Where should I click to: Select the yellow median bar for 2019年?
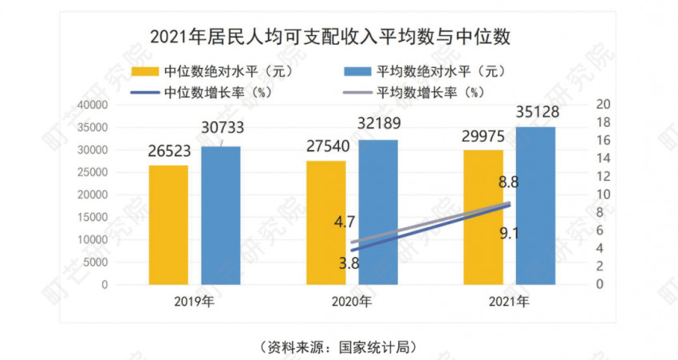coord(168,224)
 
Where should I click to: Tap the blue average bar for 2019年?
coord(221,215)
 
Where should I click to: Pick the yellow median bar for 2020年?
coord(326,222)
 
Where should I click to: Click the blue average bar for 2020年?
coord(379,212)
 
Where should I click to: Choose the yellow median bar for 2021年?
coord(483,216)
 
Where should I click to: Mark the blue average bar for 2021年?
coord(536,205)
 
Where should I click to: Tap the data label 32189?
coord(379,124)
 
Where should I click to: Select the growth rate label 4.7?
coord(345,221)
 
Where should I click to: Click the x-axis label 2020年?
coord(352,303)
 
